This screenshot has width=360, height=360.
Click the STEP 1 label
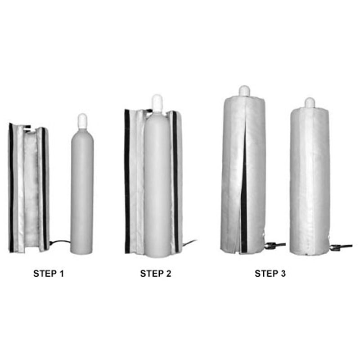49,273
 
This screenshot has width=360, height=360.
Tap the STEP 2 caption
156,273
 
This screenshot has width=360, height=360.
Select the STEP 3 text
270,273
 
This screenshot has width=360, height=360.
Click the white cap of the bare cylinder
82,120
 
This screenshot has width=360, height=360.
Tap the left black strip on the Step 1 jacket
11,189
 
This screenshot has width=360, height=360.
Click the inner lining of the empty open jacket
31,189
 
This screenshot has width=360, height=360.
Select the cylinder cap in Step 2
157,103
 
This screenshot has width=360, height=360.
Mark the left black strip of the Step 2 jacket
127,180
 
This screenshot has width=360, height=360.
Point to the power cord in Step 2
189,243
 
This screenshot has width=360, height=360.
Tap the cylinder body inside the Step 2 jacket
157,189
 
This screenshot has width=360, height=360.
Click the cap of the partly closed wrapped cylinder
244,91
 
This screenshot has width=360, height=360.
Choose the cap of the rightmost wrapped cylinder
310,103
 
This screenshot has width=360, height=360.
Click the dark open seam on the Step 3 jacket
243,202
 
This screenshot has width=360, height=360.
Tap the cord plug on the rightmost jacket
336,247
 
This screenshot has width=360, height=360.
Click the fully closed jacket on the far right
310,180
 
